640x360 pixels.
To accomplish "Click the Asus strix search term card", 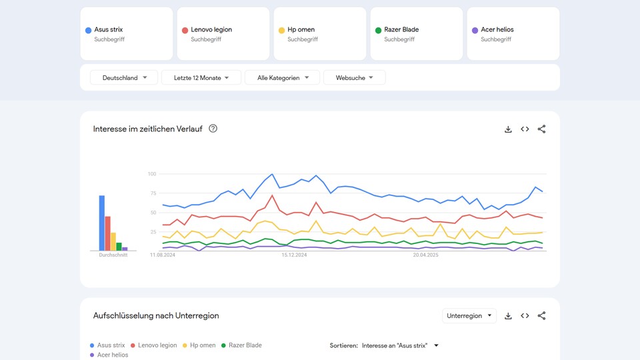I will point(126,33).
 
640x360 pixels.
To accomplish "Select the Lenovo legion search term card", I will point(223,33).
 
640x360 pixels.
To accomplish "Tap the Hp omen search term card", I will point(319,33).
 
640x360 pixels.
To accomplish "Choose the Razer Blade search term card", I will point(416,33).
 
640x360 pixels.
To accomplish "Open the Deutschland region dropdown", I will point(124,78).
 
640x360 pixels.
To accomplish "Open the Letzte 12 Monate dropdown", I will point(201,78).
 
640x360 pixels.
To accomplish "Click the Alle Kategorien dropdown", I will point(283,78).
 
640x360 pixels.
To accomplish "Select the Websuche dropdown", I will point(354,78).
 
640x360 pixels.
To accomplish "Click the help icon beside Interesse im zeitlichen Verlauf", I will point(213,129).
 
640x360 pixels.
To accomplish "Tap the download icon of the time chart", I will point(508,129).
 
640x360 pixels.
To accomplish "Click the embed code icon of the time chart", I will point(525,129).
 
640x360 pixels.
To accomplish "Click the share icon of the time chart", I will point(541,129).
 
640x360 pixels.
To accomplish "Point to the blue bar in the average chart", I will point(102,223).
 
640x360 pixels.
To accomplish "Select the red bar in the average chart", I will point(108,233).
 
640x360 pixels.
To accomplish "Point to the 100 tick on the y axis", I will point(152,174).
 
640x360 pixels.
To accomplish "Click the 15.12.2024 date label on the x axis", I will point(295,255).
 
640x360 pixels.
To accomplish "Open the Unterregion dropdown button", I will point(469,315).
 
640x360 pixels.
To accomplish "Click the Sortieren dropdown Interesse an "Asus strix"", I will point(400,345).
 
